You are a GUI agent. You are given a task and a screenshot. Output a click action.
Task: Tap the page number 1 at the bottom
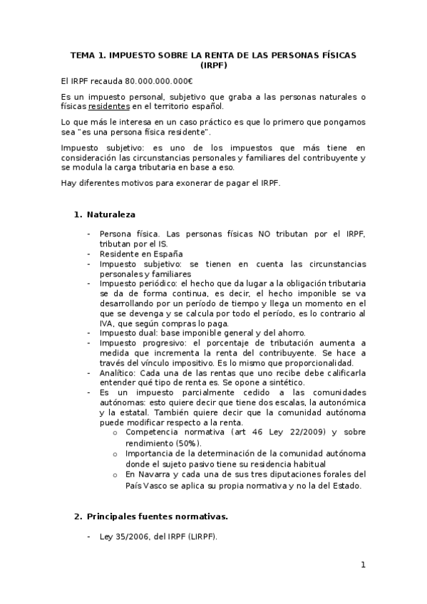point(362,565)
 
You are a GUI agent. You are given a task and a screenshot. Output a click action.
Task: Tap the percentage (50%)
point(163,442)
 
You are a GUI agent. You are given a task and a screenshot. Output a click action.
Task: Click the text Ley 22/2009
point(297,432)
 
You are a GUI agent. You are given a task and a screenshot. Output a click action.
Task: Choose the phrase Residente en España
point(141,254)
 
